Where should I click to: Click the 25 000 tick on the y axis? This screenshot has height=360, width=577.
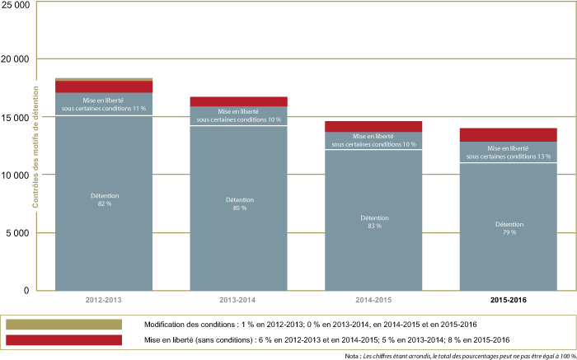pos(16,5)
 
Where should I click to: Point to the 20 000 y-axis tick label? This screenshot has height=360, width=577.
pos(16,59)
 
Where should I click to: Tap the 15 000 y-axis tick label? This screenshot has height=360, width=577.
pos(16,117)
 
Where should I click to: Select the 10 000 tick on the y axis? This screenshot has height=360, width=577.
pos(16,175)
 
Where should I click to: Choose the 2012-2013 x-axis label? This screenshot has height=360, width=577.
pos(104,300)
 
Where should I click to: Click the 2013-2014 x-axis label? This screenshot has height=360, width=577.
pos(238,300)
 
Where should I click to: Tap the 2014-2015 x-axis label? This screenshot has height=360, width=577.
pos(373,300)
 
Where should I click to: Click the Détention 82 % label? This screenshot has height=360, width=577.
pos(104,200)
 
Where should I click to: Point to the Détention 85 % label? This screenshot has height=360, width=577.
pos(238,203)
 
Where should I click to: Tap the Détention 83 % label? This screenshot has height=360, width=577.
pos(373,222)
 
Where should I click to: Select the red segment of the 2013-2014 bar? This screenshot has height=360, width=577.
pos(238,101)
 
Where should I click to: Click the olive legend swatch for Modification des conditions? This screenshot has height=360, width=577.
pos(63,324)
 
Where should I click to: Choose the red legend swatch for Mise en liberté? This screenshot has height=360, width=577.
pos(63,340)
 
